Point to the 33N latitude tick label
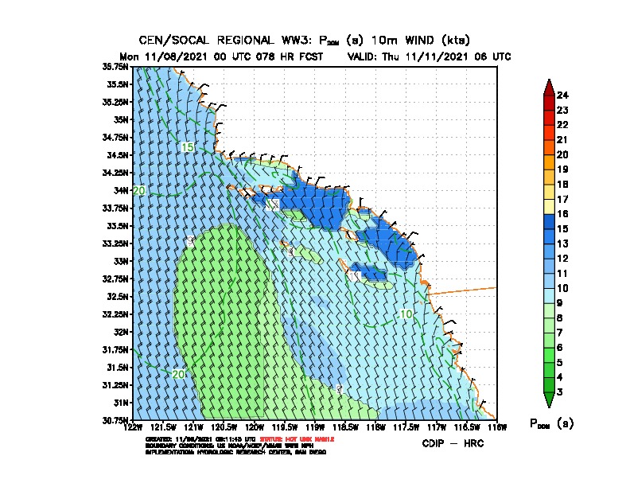pos(122,261)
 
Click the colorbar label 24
pos(562,95)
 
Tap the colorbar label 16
pos(562,214)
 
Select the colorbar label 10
pos(562,288)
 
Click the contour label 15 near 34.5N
pos(188,147)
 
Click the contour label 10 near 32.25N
pos(406,314)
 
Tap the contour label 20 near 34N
pos(139,191)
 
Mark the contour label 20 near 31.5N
pos(178,374)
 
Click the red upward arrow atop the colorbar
pos(549,86)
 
